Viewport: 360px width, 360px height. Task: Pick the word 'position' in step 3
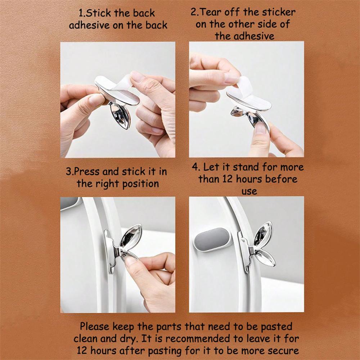[140, 184]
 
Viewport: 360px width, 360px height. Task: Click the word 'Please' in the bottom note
[95, 327]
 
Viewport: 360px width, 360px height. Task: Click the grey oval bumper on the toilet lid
[211, 240]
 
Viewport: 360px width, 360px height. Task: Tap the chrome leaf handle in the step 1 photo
[120, 116]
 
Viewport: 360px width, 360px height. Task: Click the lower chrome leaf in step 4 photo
[264, 258]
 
